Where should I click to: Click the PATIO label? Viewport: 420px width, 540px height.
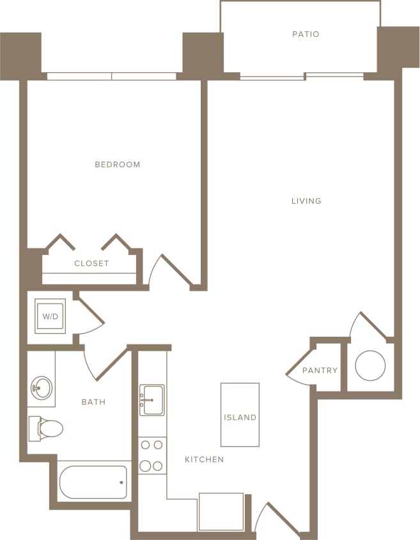306,34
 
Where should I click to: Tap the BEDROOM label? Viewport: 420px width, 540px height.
118,165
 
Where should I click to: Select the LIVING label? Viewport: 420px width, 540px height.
306,201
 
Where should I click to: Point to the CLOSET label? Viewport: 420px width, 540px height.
91,263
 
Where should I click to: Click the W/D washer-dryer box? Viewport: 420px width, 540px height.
50,316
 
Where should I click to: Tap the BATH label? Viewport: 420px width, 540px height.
93,402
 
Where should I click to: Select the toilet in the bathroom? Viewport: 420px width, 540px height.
47,428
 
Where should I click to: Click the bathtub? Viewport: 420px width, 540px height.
93,482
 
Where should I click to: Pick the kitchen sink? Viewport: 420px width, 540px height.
152,399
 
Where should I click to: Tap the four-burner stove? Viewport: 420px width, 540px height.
152,455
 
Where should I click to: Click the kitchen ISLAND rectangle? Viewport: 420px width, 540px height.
240,415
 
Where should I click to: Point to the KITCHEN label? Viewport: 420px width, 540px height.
204,459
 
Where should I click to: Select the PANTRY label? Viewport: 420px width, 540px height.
320,371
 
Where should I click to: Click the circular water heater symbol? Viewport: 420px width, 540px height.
370,366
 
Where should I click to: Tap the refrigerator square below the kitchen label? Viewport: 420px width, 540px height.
221,511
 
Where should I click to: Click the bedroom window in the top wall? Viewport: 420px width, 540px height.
112,76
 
